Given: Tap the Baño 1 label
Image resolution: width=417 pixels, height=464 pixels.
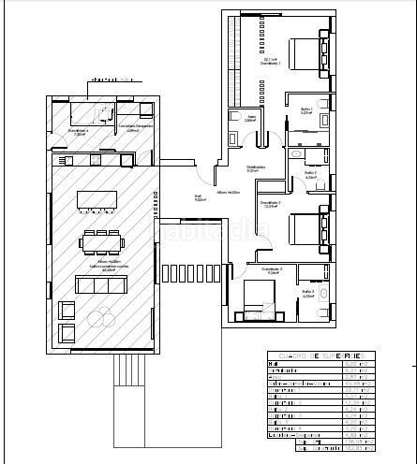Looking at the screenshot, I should (306, 111).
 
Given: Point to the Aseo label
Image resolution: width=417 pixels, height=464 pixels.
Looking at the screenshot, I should (249, 118).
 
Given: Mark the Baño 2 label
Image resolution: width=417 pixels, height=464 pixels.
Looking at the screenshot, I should (310, 174).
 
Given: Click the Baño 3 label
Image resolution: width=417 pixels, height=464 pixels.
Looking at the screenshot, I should (308, 294).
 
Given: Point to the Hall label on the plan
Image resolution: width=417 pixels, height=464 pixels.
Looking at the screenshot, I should (200, 197).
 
